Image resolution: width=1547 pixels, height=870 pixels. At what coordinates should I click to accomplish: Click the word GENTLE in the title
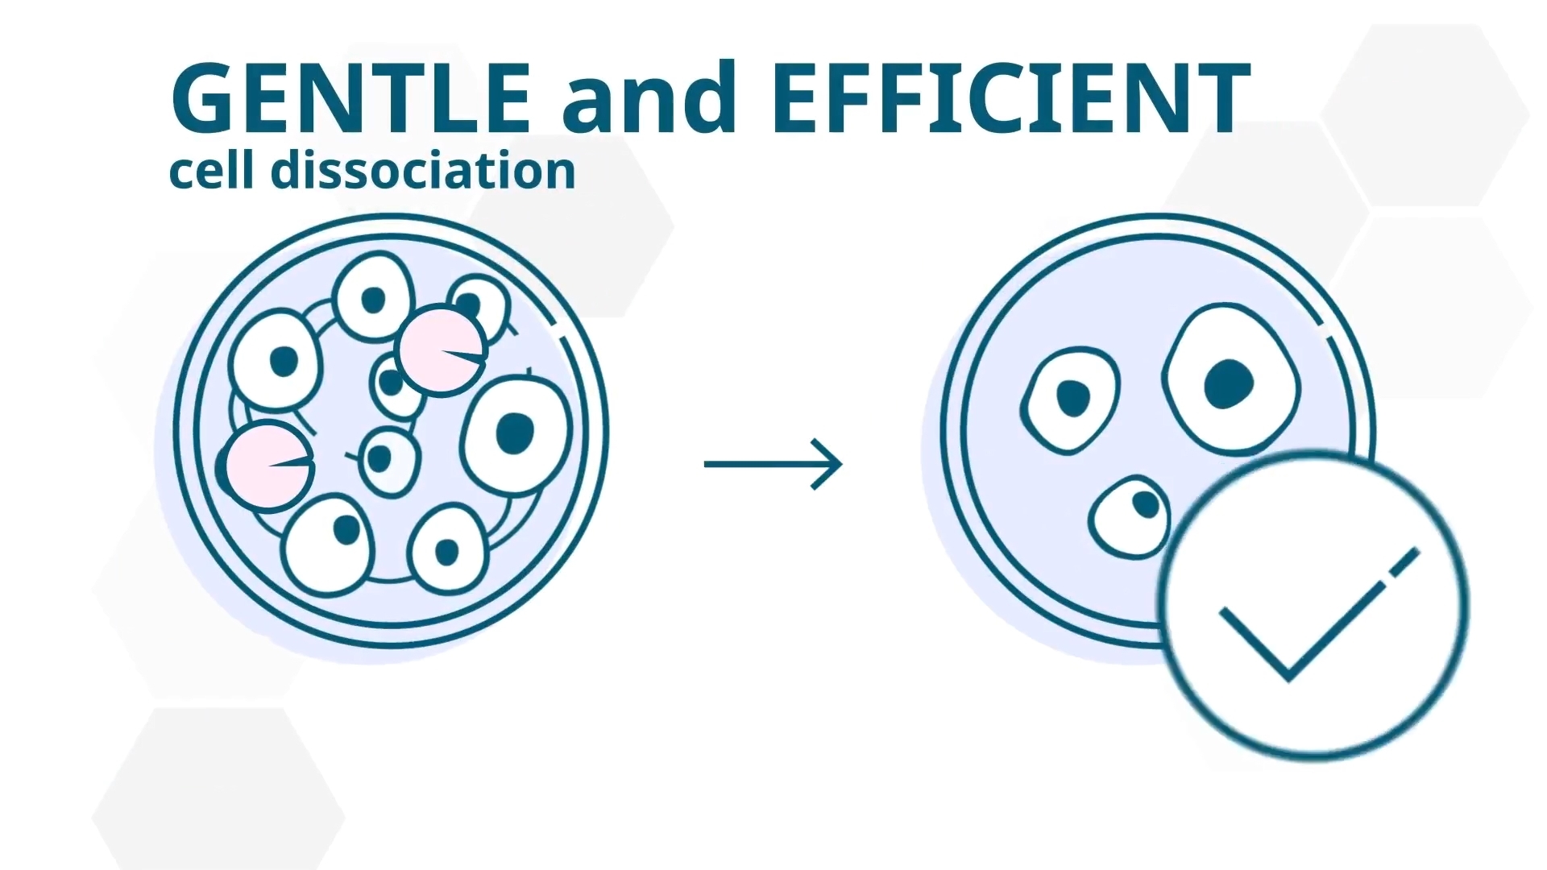(x=351, y=97)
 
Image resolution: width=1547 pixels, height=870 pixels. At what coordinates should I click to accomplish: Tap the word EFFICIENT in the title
(x=1011, y=97)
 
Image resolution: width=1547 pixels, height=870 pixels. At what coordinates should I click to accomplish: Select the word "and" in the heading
(x=650, y=97)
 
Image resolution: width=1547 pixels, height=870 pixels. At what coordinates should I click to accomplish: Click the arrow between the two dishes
(x=773, y=464)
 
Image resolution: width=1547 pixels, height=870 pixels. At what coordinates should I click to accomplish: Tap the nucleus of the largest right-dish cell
(x=1230, y=384)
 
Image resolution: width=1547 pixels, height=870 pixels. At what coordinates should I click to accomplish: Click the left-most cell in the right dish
(x=1071, y=400)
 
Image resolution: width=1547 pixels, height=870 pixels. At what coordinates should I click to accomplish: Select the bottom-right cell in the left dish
(x=448, y=549)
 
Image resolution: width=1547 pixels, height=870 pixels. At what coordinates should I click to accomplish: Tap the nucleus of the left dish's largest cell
(x=515, y=433)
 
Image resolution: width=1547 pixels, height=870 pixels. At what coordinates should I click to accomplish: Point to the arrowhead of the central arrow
(x=828, y=464)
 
